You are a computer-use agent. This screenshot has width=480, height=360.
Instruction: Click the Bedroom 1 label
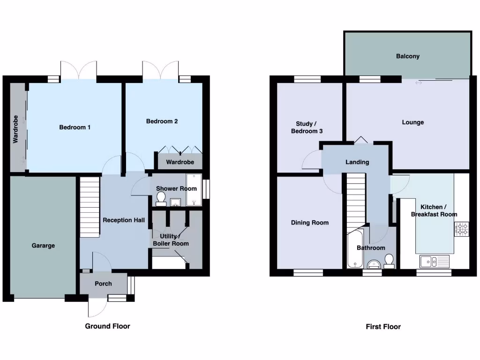pyautogui.click(x=75, y=127)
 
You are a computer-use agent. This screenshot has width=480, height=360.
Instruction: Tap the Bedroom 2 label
pyautogui.click(x=162, y=121)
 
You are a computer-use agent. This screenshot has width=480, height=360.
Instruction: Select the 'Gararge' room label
pyautogui.click(x=43, y=245)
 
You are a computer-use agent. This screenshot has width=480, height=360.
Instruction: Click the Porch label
pyautogui.click(x=103, y=284)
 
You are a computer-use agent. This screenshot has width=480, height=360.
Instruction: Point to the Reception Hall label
pyautogui.click(x=124, y=220)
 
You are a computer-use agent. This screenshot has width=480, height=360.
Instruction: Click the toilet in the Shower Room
pyautogui.click(x=161, y=200)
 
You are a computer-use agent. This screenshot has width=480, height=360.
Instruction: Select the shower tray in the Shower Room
pyautogui.click(x=193, y=190)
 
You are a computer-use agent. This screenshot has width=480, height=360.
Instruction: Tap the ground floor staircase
pyautogui.click(x=90, y=206)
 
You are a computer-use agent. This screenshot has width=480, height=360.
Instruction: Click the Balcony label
pyautogui.click(x=407, y=56)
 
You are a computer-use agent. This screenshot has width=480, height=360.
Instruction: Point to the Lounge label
pyautogui.click(x=412, y=122)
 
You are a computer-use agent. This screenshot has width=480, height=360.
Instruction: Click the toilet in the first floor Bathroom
pyautogui.click(x=389, y=260)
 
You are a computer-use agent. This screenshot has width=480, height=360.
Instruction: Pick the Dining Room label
pyautogui.click(x=309, y=223)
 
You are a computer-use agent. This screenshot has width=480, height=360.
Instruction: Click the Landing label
pyautogui.click(x=357, y=162)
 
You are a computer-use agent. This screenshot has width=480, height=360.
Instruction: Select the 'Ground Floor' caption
pyautogui.click(x=107, y=326)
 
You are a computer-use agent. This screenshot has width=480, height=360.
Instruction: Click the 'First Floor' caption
pyautogui.click(x=383, y=327)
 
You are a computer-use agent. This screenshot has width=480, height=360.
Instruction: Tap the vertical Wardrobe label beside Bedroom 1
pyautogui.click(x=15, y=129)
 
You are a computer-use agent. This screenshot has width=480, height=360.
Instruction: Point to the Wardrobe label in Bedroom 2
pyautogui.click(x=180, y=162)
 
